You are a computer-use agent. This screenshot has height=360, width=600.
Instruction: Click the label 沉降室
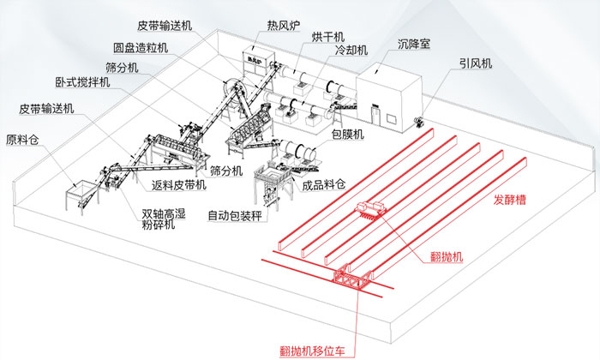click(415, 42)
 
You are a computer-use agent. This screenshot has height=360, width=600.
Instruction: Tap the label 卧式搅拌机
click(83, 83)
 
